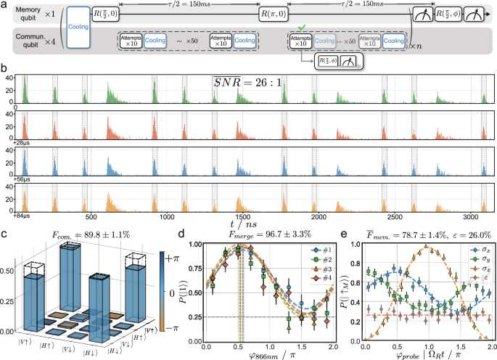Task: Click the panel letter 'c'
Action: pos(4,234)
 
